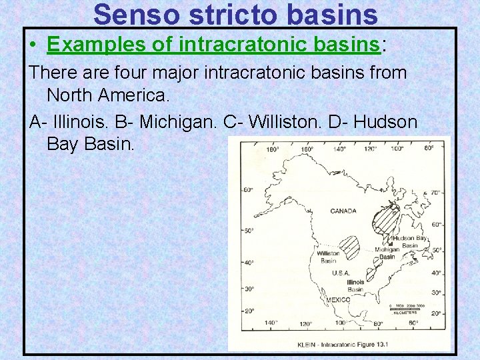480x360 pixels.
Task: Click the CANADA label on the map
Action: point(343,211)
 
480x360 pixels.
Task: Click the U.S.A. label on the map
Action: point(341,273)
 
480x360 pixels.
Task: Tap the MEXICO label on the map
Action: point(338,300)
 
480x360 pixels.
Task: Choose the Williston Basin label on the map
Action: point(327,257)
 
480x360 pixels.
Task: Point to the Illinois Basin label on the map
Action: point(355,286)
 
